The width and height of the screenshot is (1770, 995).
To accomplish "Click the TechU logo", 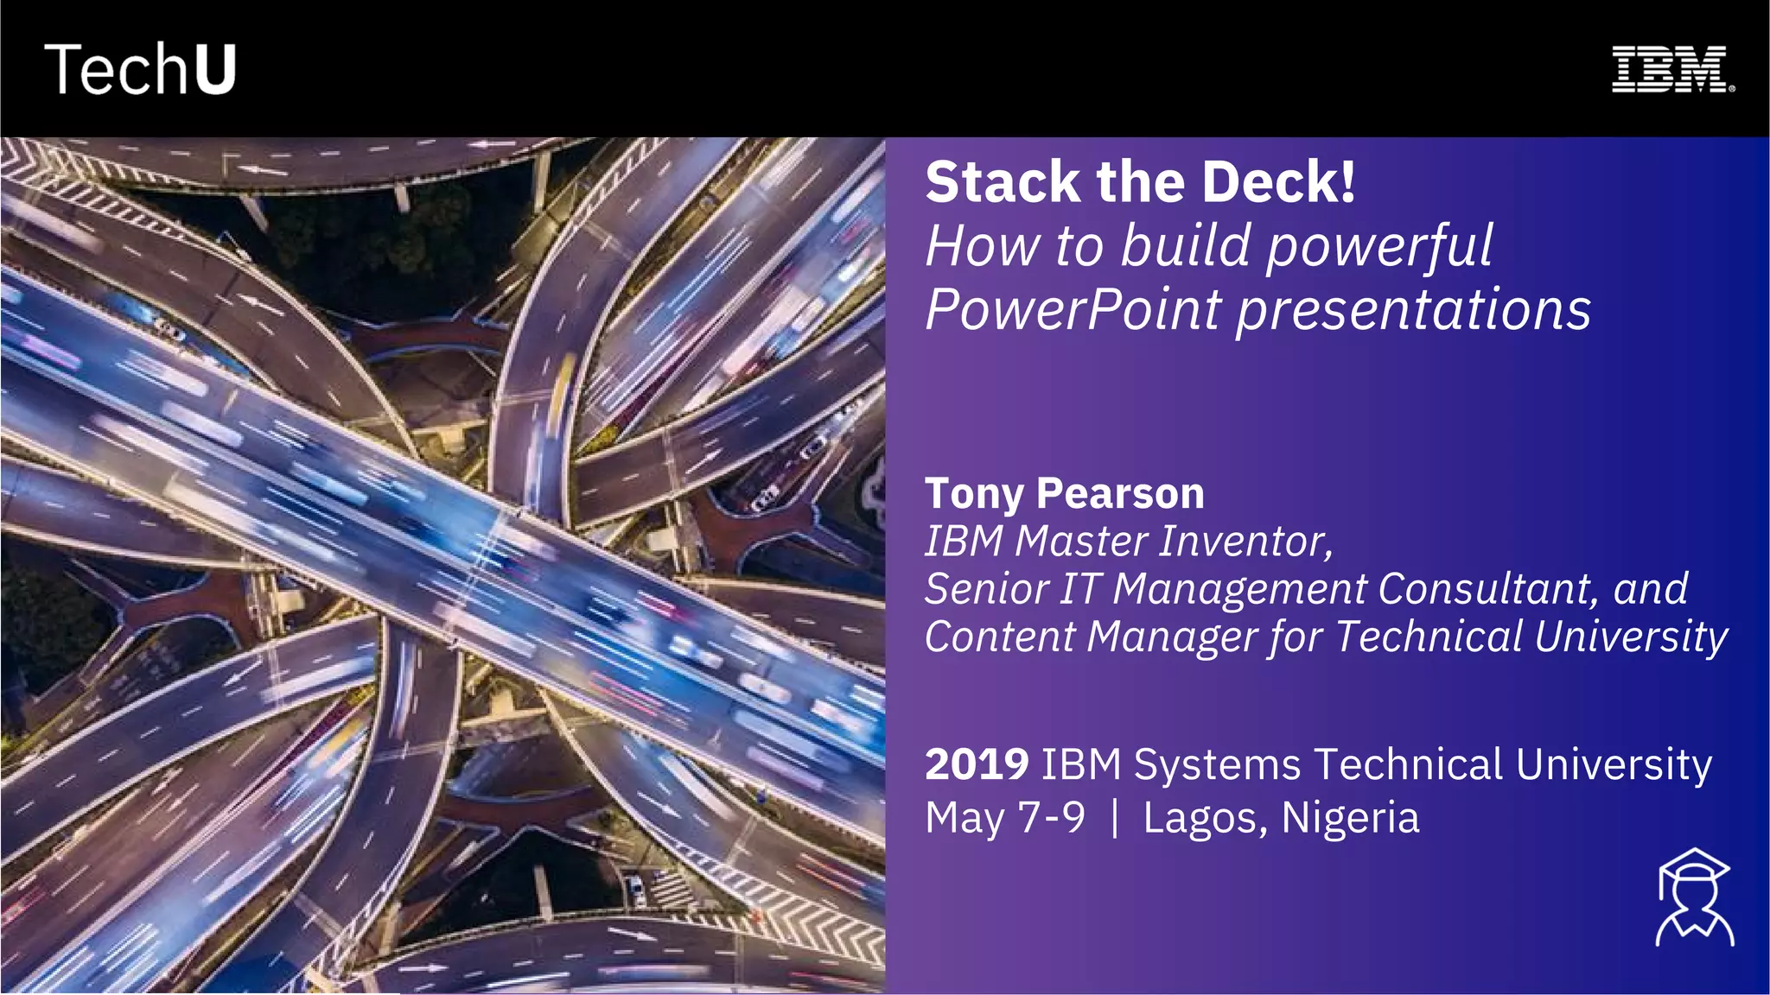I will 140,69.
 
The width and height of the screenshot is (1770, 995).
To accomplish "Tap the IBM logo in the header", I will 1672,69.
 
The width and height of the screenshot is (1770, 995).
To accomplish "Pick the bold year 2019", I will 977,764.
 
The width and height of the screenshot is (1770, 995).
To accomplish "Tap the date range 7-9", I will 1052,817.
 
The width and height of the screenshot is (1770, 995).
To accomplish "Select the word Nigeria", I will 1350,817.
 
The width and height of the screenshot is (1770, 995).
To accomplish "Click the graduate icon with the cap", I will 1694,897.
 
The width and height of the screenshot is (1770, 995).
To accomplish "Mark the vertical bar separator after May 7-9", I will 1115,817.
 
